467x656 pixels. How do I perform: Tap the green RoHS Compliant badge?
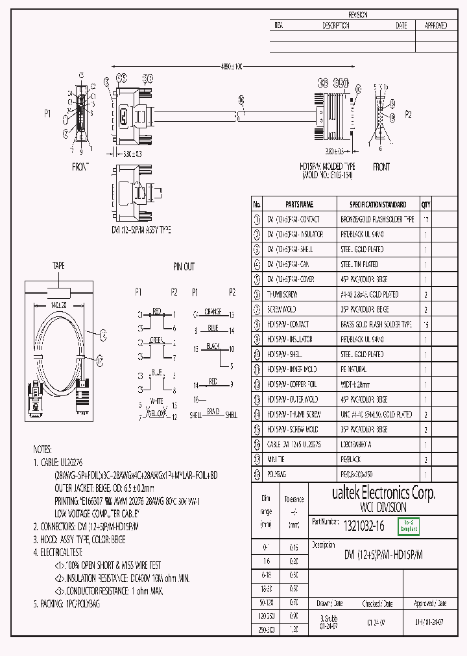tap(409, 527)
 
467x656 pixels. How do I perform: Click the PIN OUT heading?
tap(184, 266)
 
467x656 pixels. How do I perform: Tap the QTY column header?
tap(425, 204)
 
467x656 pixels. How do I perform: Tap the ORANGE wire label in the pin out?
tap(213, 311)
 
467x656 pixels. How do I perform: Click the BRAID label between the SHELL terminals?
tap(213, 411)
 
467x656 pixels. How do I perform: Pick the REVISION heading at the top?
tap(357, 14)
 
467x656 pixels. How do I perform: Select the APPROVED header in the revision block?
tap(435, 25)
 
